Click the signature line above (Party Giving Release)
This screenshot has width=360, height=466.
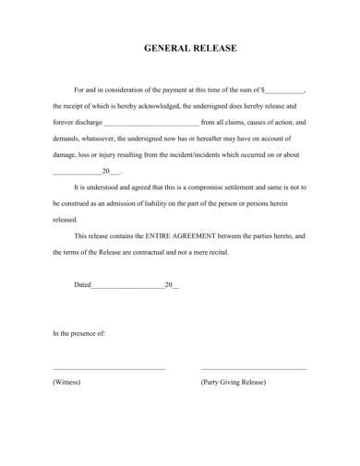pos(253,368)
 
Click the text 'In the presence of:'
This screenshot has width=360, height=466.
pos(79,331)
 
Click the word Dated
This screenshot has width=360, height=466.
pos(82,284)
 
